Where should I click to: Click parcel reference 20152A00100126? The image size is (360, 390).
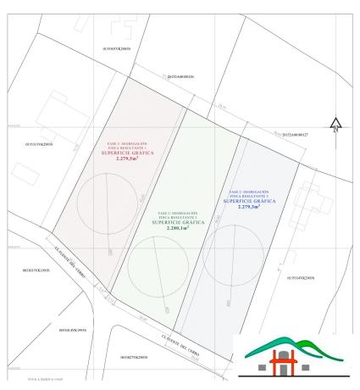pyautogui.click(x=180, y=75)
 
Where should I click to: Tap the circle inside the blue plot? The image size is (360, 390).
pyautogui.click(x=232, y=248)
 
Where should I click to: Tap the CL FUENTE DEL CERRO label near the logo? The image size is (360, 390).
pyautogui.click(x=208, y=331)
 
